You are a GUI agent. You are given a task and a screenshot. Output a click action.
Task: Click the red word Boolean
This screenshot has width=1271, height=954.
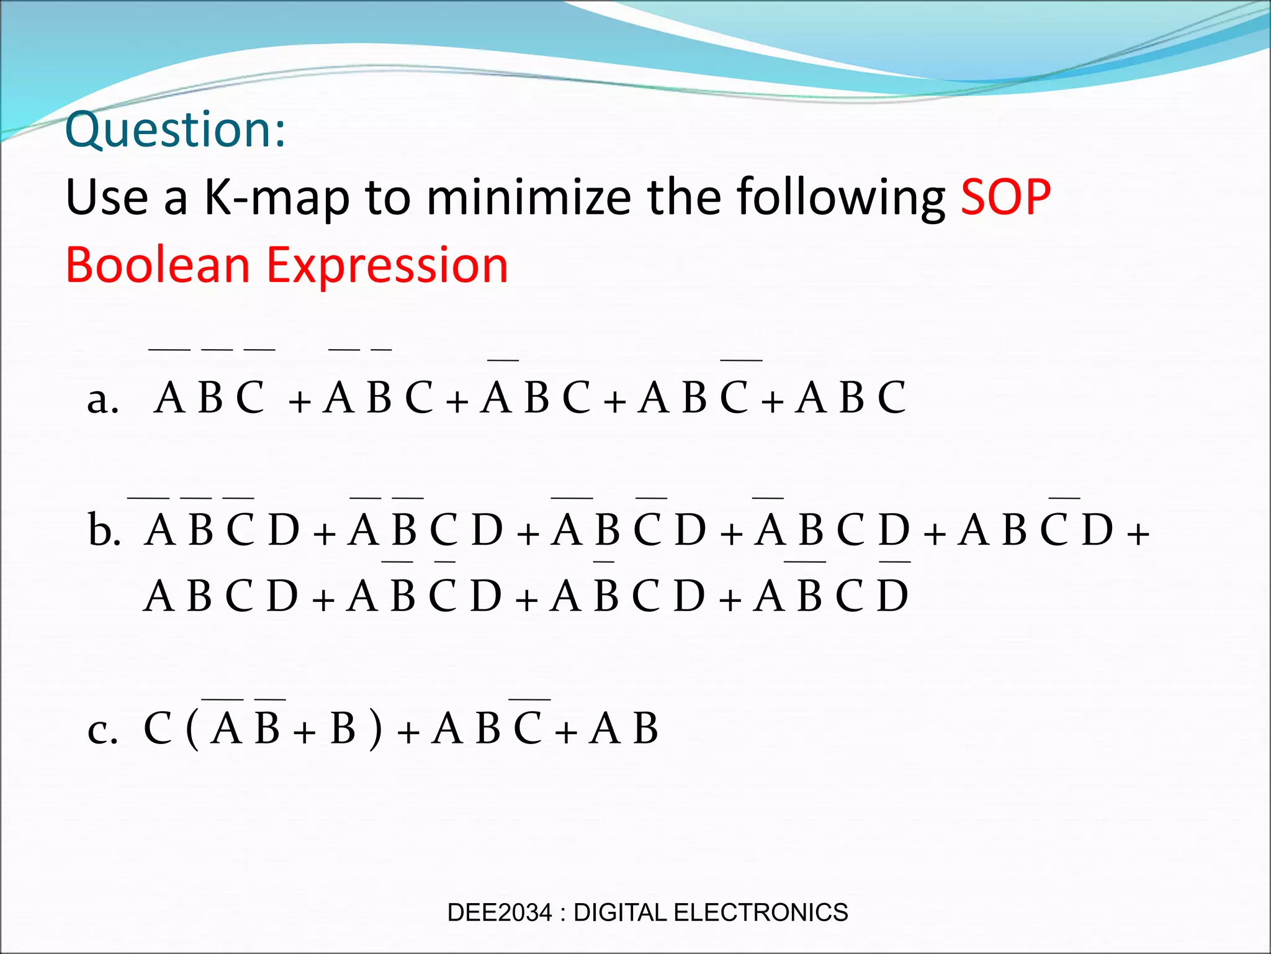158,265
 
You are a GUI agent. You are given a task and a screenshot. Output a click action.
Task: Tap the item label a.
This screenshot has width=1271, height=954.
102,399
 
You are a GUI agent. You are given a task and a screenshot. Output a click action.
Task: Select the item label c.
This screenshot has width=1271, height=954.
102,730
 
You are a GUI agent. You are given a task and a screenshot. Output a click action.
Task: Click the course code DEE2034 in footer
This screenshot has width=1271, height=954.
499,912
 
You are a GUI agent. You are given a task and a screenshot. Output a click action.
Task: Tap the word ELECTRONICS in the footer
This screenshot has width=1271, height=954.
760,912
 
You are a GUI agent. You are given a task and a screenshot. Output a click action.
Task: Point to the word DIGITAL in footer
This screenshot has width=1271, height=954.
621,912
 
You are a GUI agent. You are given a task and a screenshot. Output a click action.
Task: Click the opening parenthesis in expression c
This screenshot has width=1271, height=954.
192,730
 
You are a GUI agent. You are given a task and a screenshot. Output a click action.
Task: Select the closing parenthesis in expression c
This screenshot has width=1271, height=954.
375,730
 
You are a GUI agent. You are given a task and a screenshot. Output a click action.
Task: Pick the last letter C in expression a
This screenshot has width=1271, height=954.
891,398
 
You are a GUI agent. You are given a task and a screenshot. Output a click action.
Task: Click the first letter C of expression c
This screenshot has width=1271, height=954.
158,729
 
